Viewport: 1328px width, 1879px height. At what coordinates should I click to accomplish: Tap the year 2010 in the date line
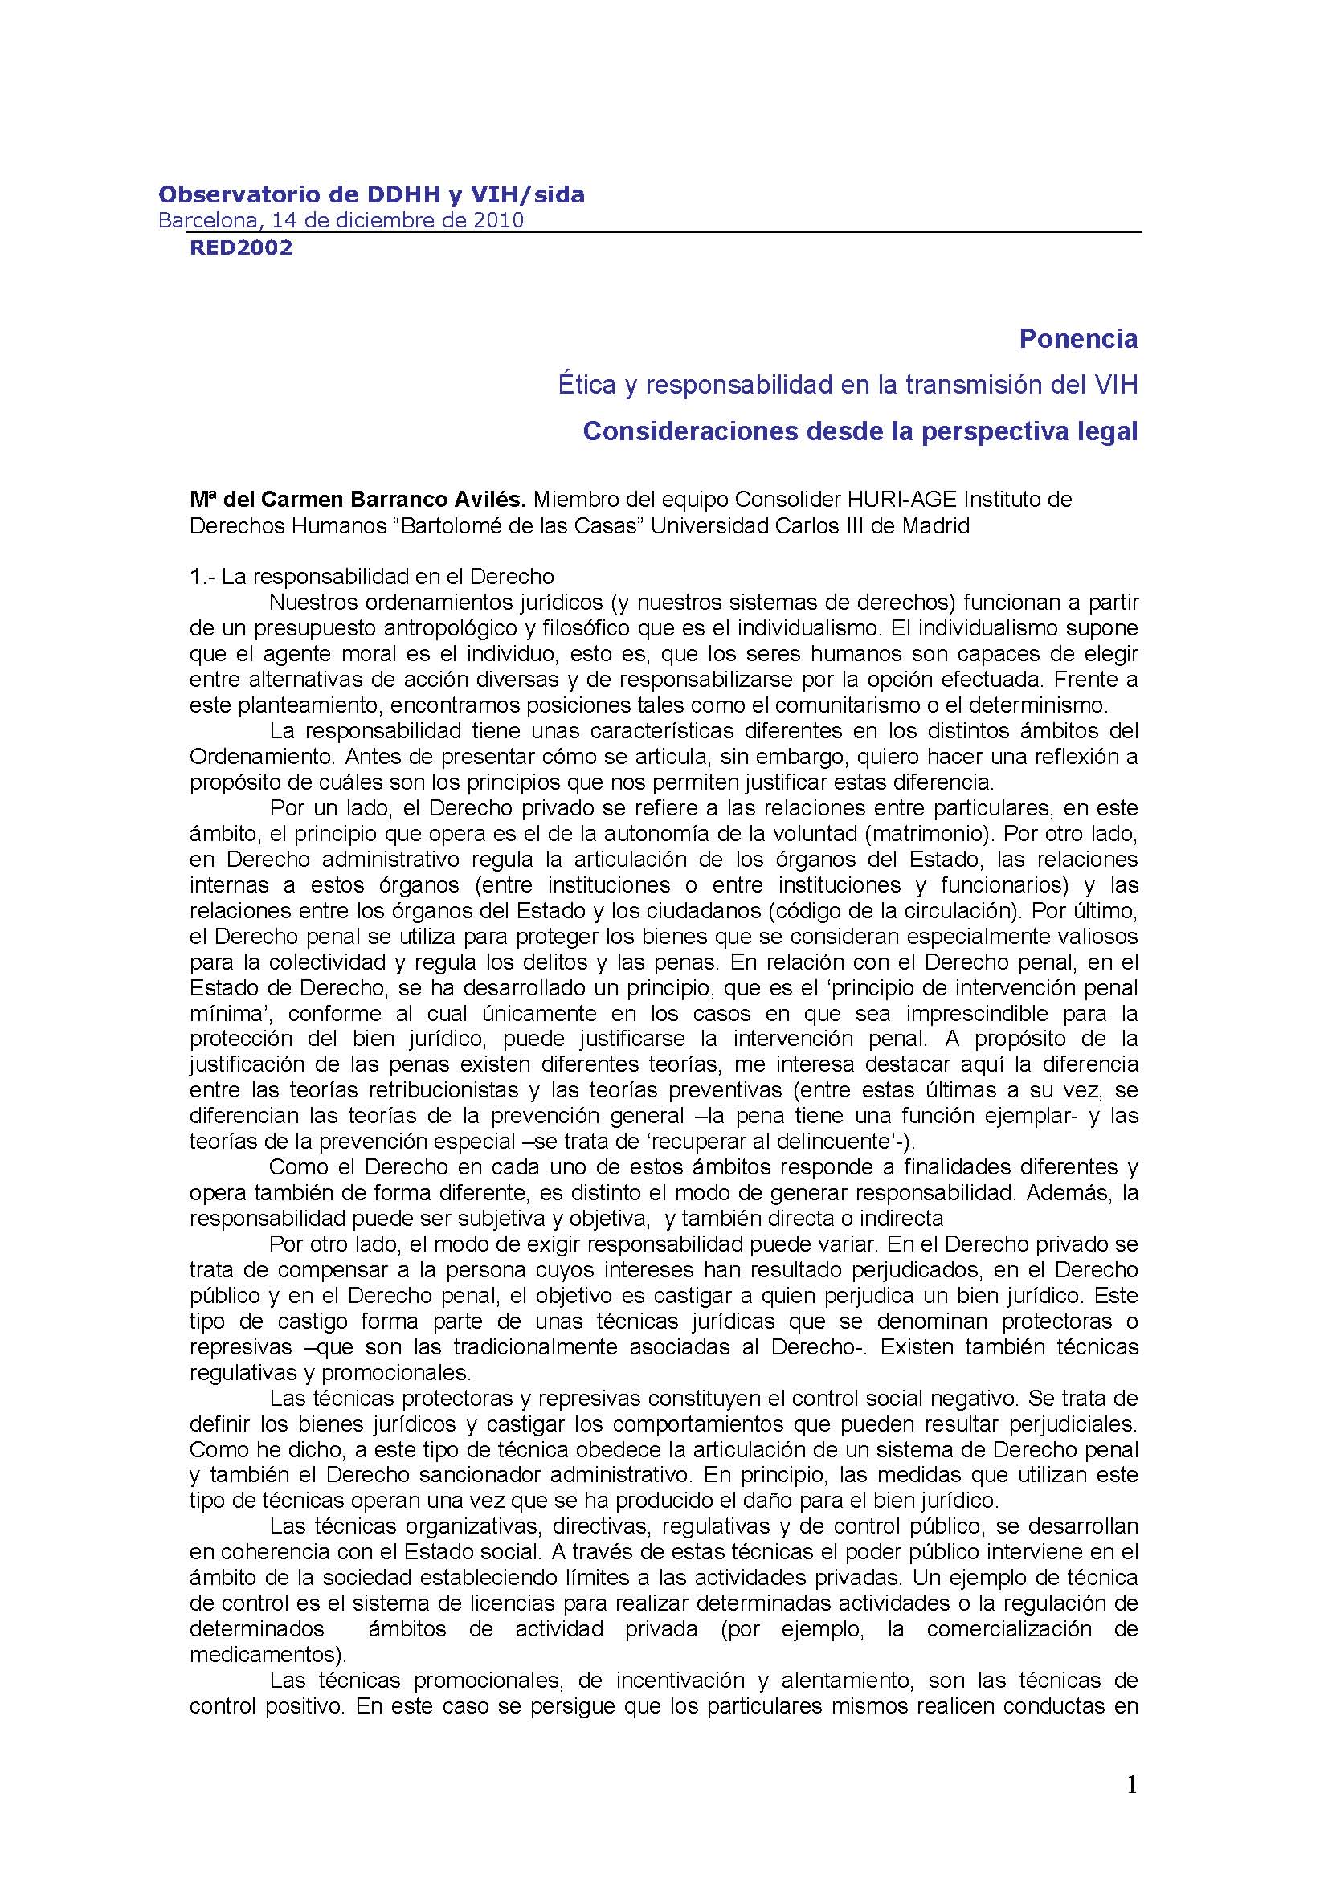(499, 220)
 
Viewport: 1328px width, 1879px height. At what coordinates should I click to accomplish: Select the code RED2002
(240, 247)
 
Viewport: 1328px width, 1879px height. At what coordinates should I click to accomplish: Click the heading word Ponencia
(1077, 339)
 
